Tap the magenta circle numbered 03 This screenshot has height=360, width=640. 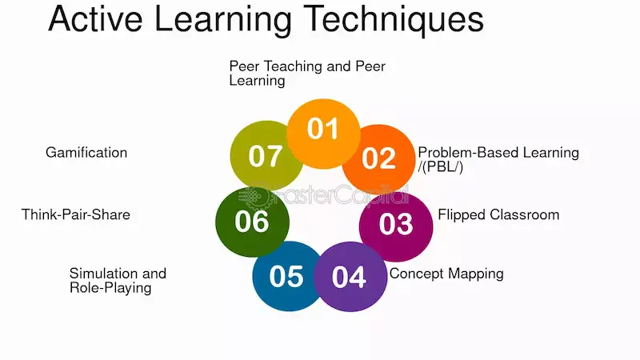395,223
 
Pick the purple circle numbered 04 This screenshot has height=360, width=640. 349,276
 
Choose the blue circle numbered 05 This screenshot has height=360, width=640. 286,276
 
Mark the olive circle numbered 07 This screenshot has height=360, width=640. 265,156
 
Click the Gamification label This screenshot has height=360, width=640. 86,152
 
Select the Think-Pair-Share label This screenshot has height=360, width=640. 76,214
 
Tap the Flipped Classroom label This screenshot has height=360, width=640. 498,214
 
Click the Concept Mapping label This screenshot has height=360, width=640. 446,274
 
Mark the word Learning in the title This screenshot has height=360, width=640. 220,19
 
